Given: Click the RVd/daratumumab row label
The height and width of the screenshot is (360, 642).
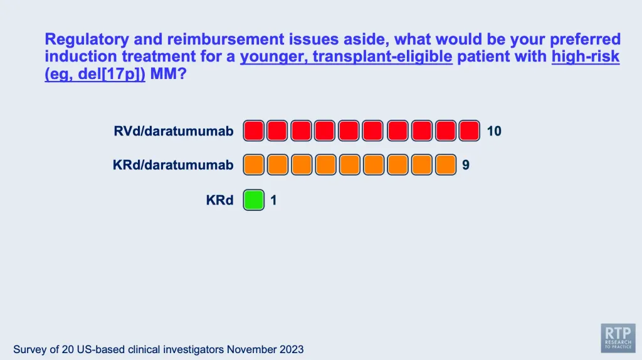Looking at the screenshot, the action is pyautogui.click(x=174, y=131).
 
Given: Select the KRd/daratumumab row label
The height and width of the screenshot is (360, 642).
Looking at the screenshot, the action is pyautogui.click(x=173, y=165).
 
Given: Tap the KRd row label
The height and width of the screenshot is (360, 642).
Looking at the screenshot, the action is pyautogui.click(x=220, y=200).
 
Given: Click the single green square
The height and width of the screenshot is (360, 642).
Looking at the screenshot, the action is pyautogui.click(x=254, y=200).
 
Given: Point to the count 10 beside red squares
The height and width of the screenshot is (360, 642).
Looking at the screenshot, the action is pyautogui.click(x=494, y=131).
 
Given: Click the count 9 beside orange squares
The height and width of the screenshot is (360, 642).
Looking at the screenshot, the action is pyautogui.click(x=466, y=165).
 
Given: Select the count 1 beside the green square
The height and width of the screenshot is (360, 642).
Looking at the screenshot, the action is pyautogui.click(x=273, y=200).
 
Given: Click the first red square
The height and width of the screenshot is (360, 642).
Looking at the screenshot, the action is pyautogui.click(x=254, y=130).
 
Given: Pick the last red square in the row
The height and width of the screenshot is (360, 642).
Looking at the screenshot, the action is pyautogui.click(x=469, y=130).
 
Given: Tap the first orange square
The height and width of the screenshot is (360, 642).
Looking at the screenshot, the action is pyautogui.click(x=254, y=165).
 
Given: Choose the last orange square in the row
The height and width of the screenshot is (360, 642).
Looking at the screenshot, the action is pyautogui.click(x=446, y=165).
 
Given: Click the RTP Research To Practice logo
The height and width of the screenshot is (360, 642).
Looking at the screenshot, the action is pyautogui.click(x=618, y=338).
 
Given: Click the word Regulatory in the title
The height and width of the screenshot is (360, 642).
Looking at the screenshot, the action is pyautogui.click(x=87, y=40).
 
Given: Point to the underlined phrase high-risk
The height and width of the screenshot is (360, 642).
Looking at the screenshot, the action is pyautogui.click(x=586, y=56).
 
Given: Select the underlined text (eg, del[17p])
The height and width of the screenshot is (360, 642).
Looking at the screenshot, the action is pyautogui.click(x=95, y=74).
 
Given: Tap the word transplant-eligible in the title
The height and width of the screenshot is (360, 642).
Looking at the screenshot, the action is pyautogui.click(x=382, y=56).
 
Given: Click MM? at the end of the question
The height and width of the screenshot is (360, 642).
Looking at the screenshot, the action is pyautogui.click(x=168, y=74).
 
